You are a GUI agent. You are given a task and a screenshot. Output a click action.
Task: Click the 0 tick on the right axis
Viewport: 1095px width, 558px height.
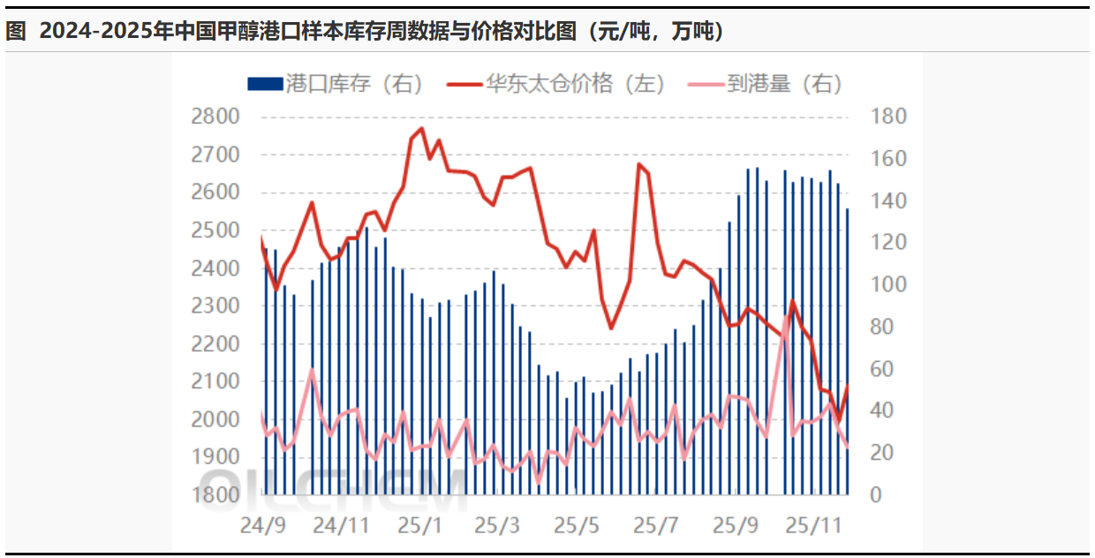(x=875, y=495)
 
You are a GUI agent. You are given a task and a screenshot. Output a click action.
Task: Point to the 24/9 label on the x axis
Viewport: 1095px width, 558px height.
(x=262, y=525)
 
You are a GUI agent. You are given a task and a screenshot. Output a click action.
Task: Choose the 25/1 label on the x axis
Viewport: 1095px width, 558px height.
(x=419, y=525)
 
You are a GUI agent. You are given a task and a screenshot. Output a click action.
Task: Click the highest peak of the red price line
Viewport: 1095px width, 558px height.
(x=421, y=129)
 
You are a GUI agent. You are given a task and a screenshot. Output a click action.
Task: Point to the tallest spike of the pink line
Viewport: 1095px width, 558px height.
(x=786, y=315)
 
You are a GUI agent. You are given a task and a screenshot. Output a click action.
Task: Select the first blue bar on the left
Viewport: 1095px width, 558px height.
(x=266, y=371)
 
